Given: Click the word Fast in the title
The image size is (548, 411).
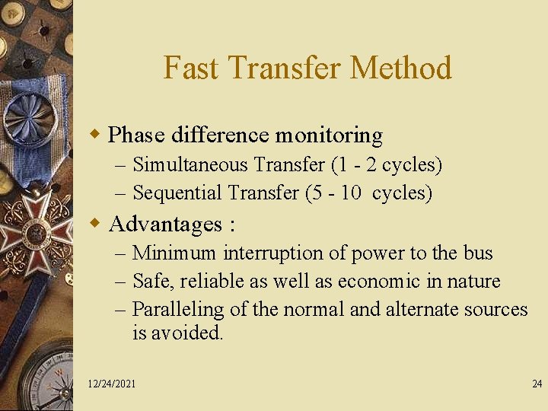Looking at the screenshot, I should click(x=184, y=68).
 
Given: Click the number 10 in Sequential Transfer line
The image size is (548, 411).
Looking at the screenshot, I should click(x=351, y=193).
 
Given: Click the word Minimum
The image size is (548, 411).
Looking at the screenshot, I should click(x=174, y=253).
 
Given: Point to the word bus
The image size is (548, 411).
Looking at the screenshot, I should click(x=478, y=253).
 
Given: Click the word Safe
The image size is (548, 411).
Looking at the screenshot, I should click(x=149, y=282).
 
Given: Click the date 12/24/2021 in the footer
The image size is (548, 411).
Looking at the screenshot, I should click(x=112, y=384).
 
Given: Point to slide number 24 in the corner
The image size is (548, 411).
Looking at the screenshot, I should click(x=537, y=384).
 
